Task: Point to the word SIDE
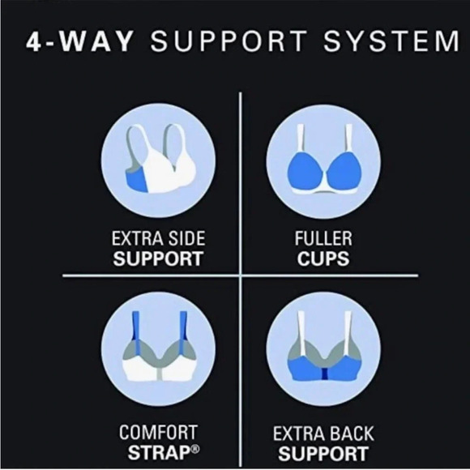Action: pos(184,241)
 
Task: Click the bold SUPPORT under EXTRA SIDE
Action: pos(157,261)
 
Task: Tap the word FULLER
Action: pos(323,241)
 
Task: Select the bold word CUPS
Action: pos(323,261)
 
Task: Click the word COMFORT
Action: pos(159,432)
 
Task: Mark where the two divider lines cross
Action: pos(241,278)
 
